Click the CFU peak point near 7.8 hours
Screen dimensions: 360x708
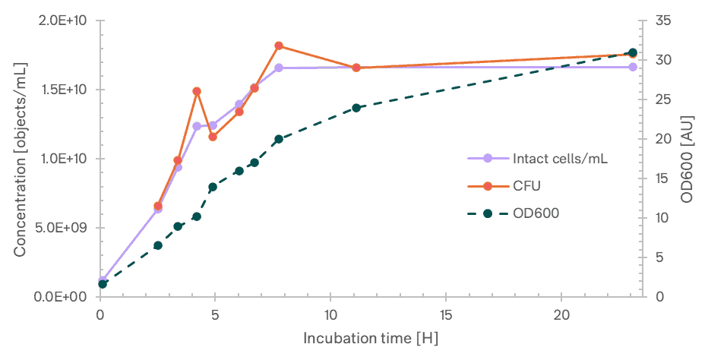point(279,46)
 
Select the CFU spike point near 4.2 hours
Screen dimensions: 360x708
point(197,91)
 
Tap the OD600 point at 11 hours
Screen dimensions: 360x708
point(356,108)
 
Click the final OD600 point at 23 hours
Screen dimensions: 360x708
point(633,52)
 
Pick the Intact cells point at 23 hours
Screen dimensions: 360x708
point(633,68)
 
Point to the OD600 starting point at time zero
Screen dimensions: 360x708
point(103,284)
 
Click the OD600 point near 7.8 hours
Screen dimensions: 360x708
point(279,139)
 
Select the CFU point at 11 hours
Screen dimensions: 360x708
point(356,68)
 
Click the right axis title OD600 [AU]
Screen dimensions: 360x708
point(689,159)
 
